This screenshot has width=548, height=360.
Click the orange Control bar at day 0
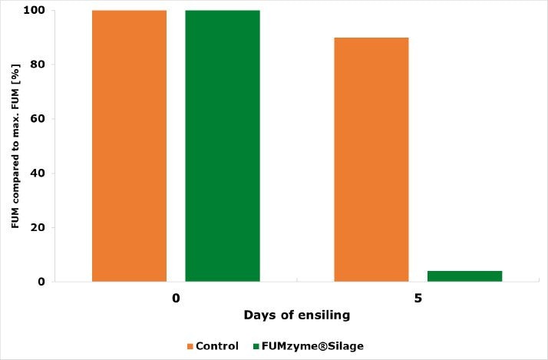click(129, 146)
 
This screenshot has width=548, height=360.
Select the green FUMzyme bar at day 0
click(223, 146)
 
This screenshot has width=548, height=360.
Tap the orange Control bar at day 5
click(371, 160)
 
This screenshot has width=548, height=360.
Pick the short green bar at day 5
click(464, 276)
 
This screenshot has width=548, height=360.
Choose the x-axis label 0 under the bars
click(176, 297)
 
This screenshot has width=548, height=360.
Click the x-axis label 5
click(418, 297)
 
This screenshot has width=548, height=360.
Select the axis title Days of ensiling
click(296, 315)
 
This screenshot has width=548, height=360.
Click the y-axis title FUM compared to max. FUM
click(15, 146)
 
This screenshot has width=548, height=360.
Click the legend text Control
click(217, 346)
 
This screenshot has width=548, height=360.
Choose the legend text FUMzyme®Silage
click(312, 346)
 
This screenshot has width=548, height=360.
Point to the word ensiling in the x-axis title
click(322, 315)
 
